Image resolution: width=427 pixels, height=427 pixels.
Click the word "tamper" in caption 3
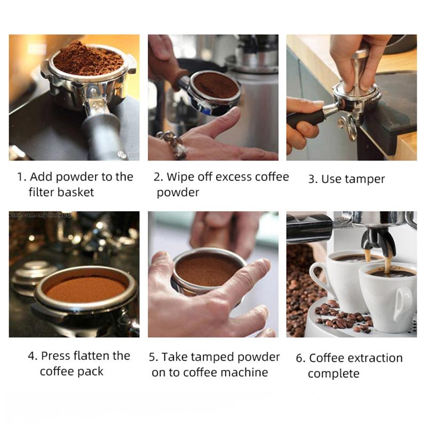coord(365,179)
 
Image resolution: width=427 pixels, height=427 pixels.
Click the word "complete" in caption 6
coord(334,374)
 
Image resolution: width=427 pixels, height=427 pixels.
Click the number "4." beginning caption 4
coord(32,356)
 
